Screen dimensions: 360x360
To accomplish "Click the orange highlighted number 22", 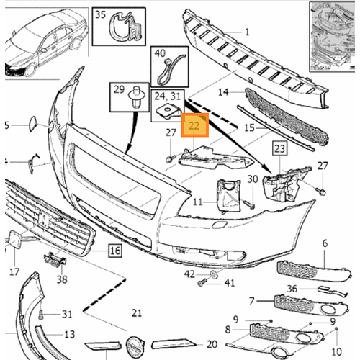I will pyautogui.click(x=194, y=125).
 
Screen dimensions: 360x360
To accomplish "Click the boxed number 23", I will pyautogui.click(x=279, y=149).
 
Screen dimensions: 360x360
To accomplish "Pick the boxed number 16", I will pyautogui.click(x=114, y=251).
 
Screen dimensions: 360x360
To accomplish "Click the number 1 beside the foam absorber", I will pyautogui.click(x=246, y=32).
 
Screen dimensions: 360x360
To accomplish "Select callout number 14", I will pyautogui.click(x=224, y=92).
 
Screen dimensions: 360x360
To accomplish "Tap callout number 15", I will pyautogui.click(x=250, y=127).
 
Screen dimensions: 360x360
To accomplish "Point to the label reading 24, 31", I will pyautogui.click(x=170, y=94).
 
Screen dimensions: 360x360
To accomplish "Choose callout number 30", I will pyautogui.click(x=252, y=179).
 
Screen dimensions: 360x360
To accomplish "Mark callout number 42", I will pyautogui.click(x=189, y=274).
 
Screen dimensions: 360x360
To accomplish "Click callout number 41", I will pyautogui.click(x=230, y=282).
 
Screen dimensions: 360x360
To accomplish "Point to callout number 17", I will pyautogui.click(x=14, y=271).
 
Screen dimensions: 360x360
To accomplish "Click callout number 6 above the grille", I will pyautogui.click(x=324, y=244).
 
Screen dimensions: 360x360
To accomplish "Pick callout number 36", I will pyautogui.click(x=292, y=289).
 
